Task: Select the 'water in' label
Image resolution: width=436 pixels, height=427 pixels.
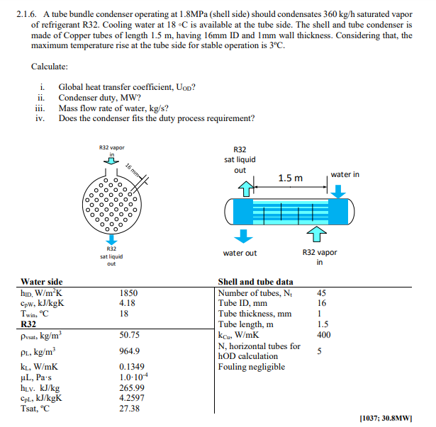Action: click(x=345, y=174)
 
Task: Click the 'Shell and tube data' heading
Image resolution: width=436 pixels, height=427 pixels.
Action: click(x=255, y=281)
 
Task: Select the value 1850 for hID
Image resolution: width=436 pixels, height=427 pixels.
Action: click(x=128, y=292)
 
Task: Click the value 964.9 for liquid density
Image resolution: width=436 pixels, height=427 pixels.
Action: click(x=128, y=351)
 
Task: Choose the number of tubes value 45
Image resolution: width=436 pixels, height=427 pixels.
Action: click(x=323, y=292)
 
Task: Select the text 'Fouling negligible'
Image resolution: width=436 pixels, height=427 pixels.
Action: click(x=252, y=366)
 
